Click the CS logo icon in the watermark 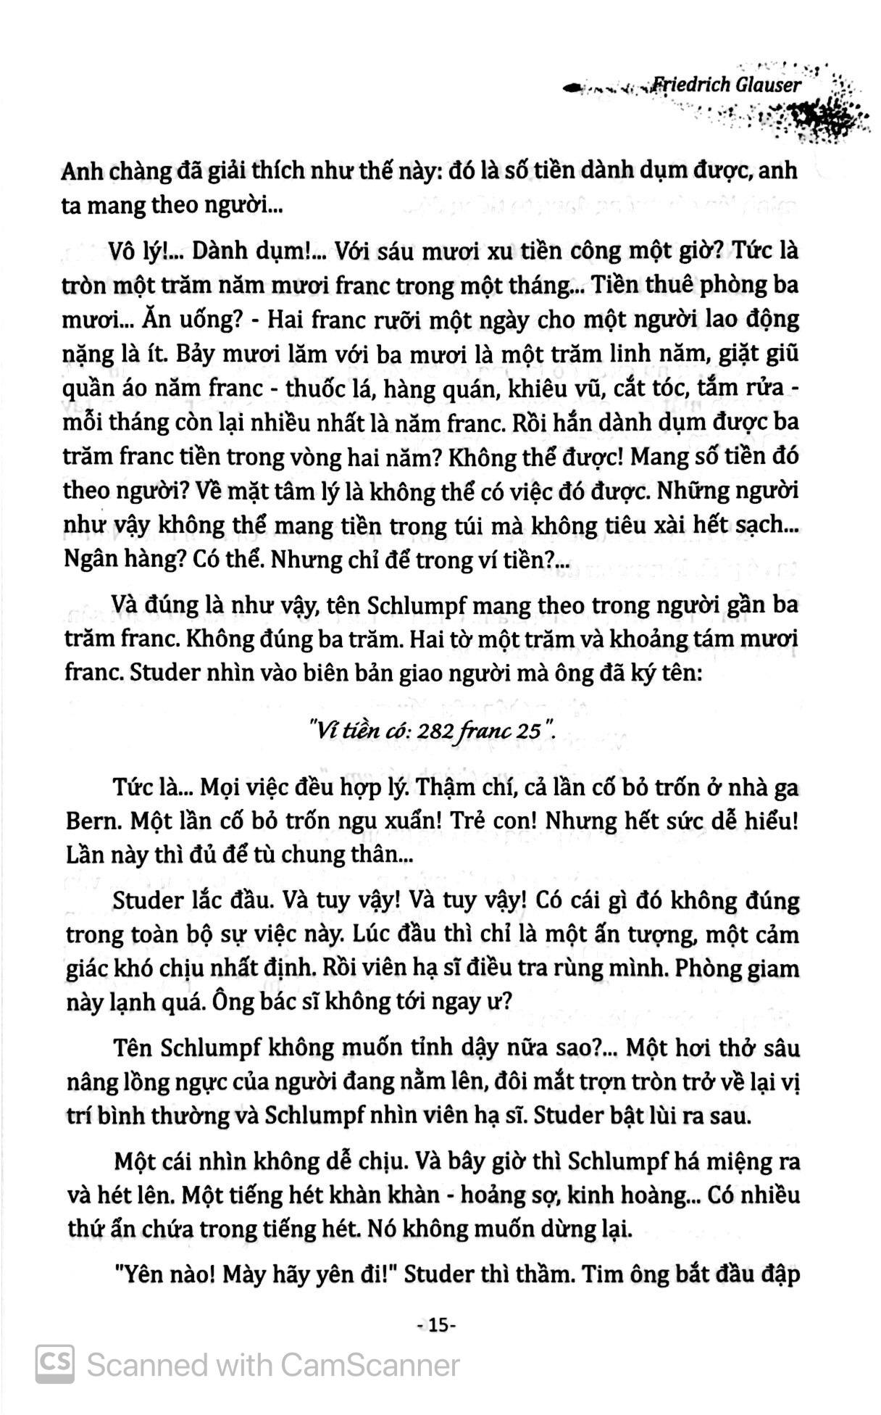click(x=55, y=1365)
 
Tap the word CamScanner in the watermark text click(x=370, y=1366)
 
